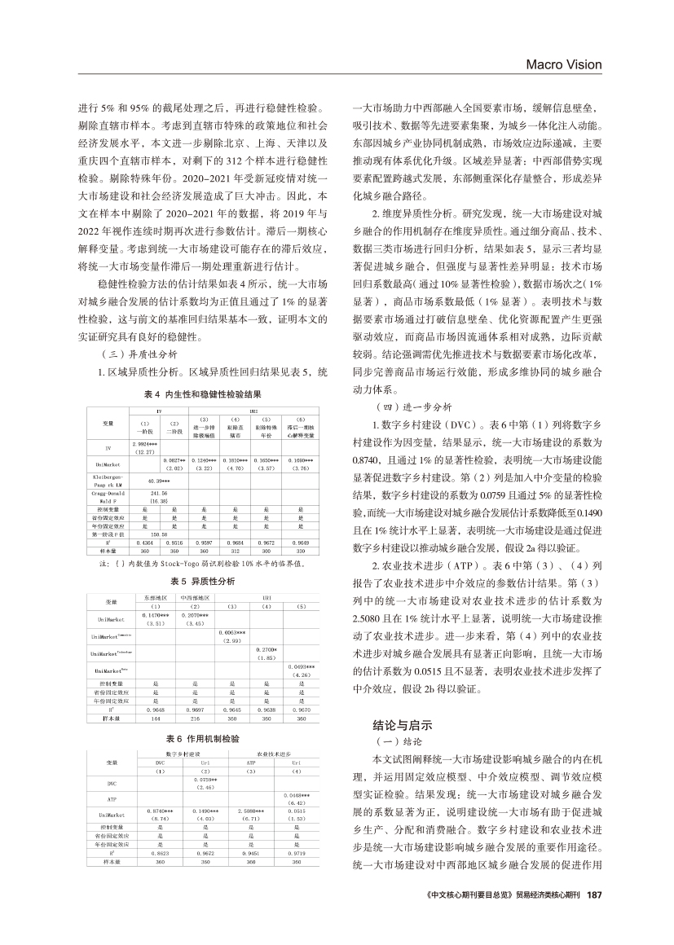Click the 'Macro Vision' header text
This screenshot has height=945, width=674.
coord(563,64)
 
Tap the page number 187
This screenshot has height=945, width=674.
coord(593,894)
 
